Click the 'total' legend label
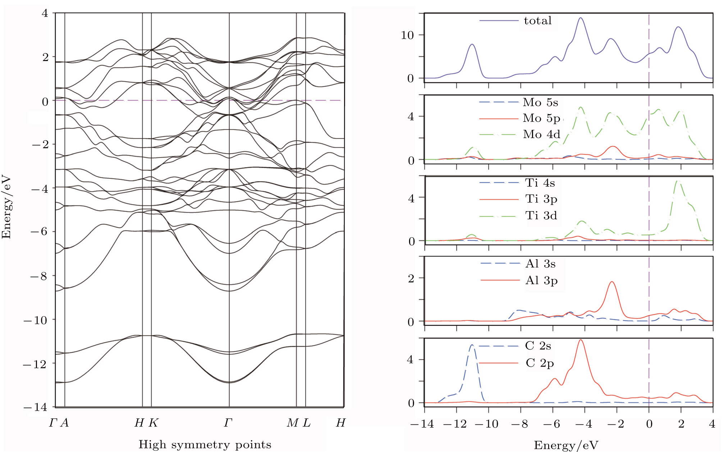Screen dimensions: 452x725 point(537,21)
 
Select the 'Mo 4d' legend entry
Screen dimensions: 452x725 point(541,134)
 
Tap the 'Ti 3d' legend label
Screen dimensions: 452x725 point(541,215)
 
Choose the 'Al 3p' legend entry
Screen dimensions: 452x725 point(541,280)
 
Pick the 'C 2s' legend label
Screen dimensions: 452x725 point(538,346)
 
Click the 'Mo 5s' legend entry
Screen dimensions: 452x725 point(540,102)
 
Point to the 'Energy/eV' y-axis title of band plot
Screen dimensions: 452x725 point(6,207)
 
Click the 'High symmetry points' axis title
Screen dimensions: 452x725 point(205,444)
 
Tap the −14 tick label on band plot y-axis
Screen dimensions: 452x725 point(36,407)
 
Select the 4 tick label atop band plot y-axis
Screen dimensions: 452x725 point(45,13)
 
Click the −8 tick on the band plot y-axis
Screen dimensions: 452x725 point(39,276)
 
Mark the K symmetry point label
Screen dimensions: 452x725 point(153,423)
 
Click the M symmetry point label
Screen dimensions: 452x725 point(293,423)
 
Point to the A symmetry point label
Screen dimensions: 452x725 point(64,423)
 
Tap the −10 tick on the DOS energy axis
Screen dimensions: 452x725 point(486,424)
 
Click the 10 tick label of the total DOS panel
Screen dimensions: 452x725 point(407,35)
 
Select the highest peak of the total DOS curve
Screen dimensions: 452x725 point(581,18)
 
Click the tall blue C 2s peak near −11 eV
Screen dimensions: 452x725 point(472,345)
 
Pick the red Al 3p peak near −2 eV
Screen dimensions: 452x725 point(612,282)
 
